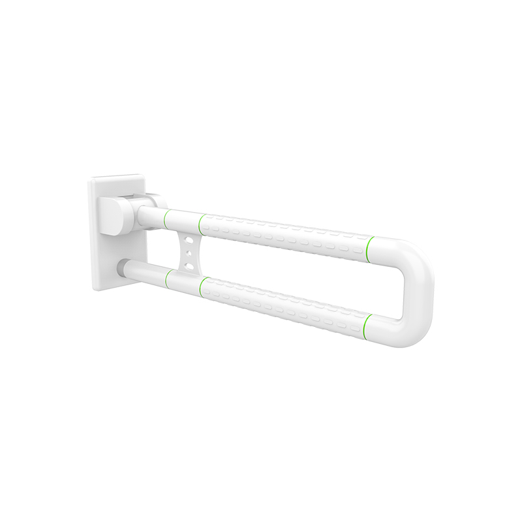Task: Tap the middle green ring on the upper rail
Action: tap(202, 223)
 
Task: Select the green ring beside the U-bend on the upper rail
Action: tap(371, 247)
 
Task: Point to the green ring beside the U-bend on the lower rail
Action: tap(369, 324)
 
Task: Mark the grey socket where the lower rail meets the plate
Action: tap(121, 268)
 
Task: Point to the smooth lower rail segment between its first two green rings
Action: tap(185, 281)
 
